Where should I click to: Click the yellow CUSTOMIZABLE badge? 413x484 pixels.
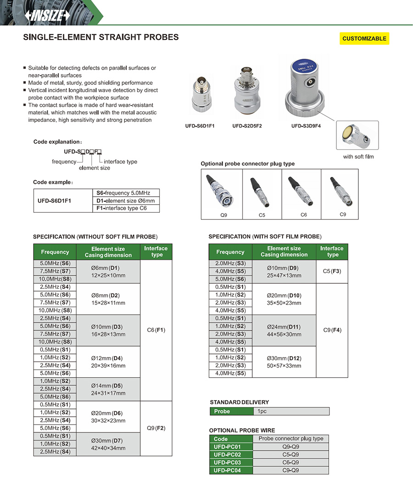(364, 38)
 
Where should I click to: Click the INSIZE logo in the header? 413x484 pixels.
(48, 16)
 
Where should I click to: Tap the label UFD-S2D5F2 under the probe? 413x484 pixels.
(247, 126)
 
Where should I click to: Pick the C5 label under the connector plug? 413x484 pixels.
(262, 214)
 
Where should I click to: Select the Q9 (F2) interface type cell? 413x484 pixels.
(156, 428)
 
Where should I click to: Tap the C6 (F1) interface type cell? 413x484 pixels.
(156, 330)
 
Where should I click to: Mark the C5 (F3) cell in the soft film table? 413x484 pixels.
(332, 271)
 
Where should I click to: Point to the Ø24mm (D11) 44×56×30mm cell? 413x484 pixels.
(284, 330)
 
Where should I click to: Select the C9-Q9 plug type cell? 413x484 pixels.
(291, 470)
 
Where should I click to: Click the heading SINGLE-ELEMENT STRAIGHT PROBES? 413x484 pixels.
(101, 37)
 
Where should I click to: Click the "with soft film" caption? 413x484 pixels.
(358, 157)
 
